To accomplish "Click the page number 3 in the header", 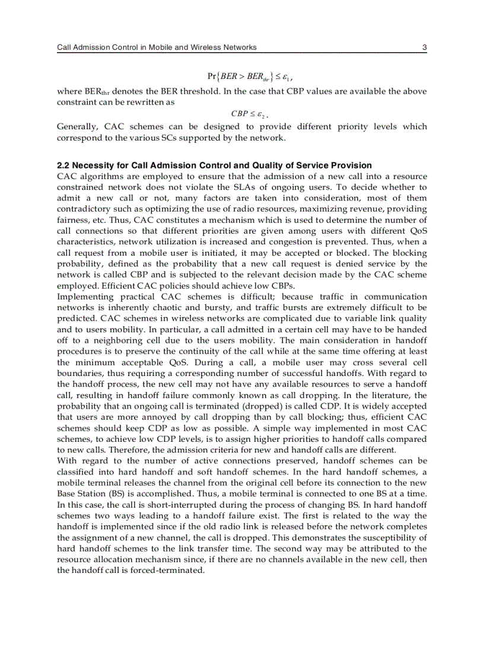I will [423, 47].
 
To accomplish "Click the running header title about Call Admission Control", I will [157, 47].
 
